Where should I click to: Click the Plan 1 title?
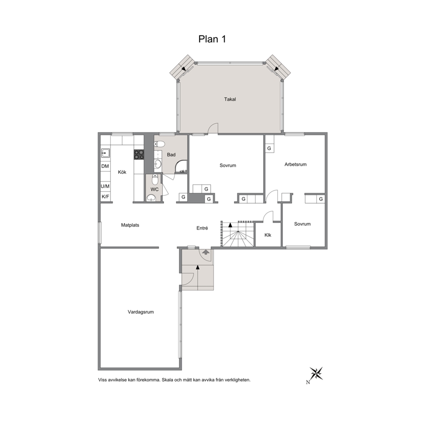(x=212, y=39)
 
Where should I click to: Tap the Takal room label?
(x=230, y=99)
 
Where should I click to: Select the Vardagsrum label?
(x=141, y=312)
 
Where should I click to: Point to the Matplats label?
(x=130, y=225)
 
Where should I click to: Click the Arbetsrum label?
(x=296, y=164)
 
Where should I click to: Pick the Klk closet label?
(x=268, y=235)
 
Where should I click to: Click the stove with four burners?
(x=139, y=155)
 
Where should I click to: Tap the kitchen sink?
(x=105, y=153)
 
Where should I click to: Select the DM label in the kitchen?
(x=105, y=166)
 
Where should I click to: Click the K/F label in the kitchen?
(x=105, y=197)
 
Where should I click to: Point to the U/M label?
(x=105, y=186)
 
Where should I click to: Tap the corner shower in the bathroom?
(x=181, y=166)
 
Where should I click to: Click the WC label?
(x=155, y=189)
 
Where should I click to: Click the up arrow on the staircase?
(x=230, y=224)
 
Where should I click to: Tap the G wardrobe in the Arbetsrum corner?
(x=269, y=148)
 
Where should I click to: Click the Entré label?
(x=202, y=228)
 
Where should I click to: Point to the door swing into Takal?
(x=213, y=128)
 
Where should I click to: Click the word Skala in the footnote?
(x=168, y=380)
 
